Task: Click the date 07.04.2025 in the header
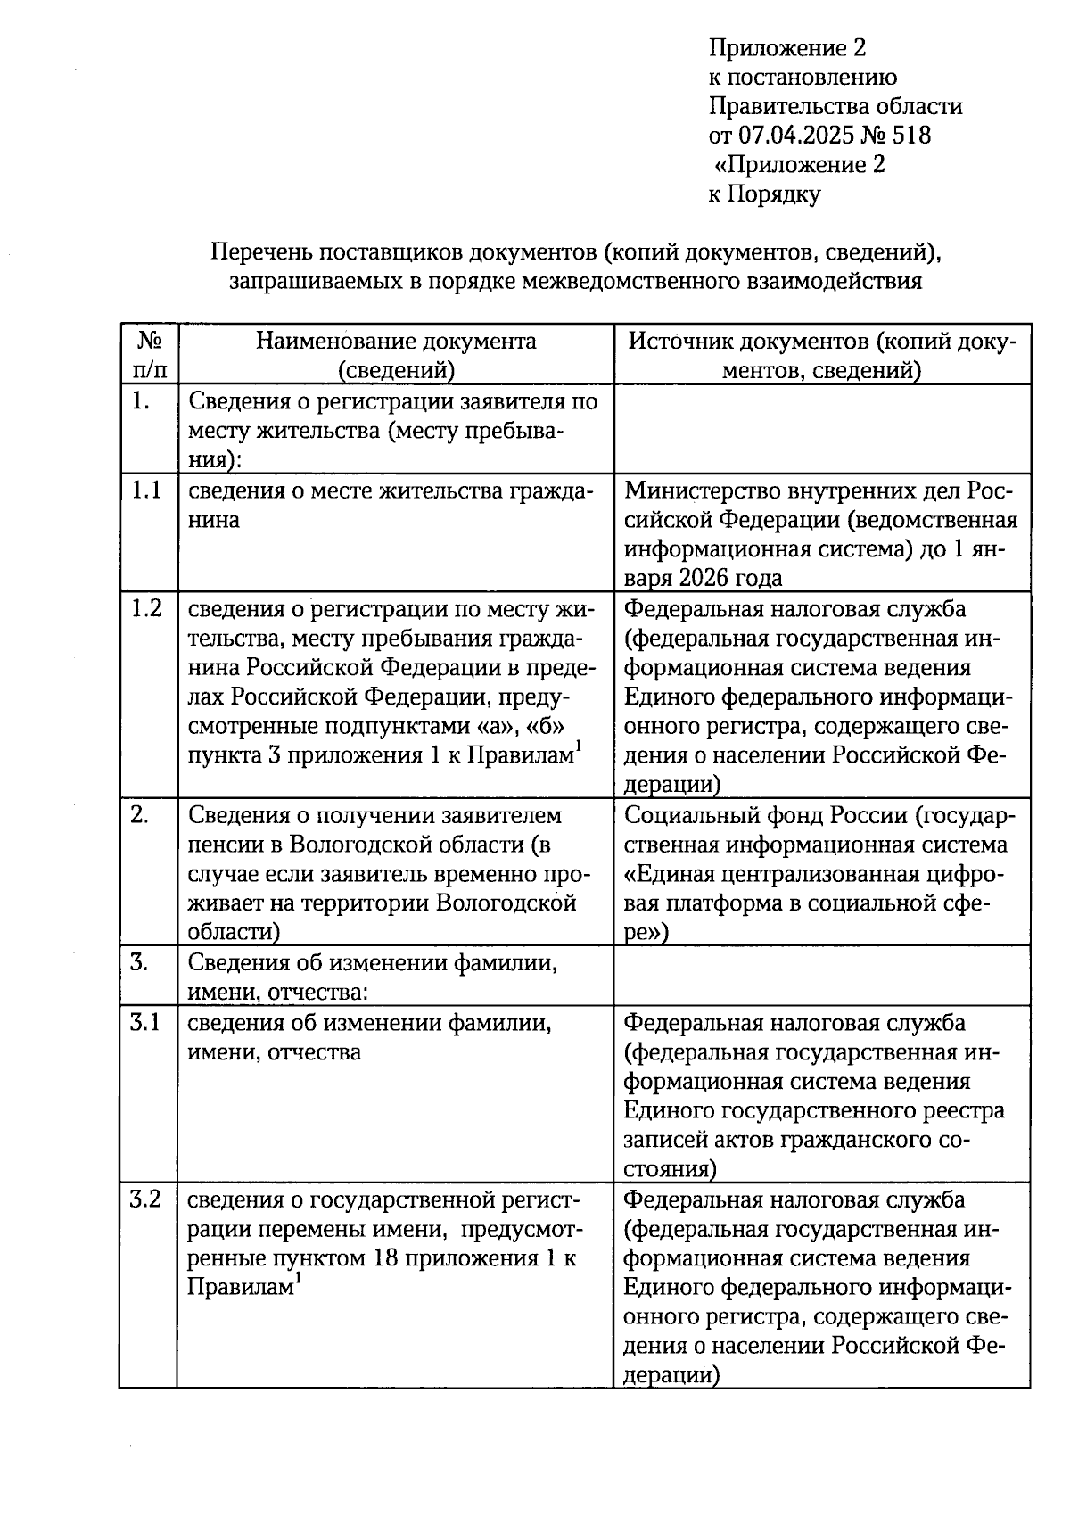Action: [x=794, y=136]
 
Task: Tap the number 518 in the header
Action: [x=910, y=136]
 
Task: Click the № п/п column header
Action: [x=148, y=354]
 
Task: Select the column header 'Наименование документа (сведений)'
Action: [x=396, y=354]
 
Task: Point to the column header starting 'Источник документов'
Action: [x=821, y=354]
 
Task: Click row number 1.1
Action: [x=146, y=490]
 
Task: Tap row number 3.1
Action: [x=145, y=1022]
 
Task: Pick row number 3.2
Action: [x=145, y=1199]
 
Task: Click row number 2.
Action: [x=139, y=815]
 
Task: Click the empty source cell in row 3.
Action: [x=821, y=977]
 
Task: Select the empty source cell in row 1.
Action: [x=821, y=429]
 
